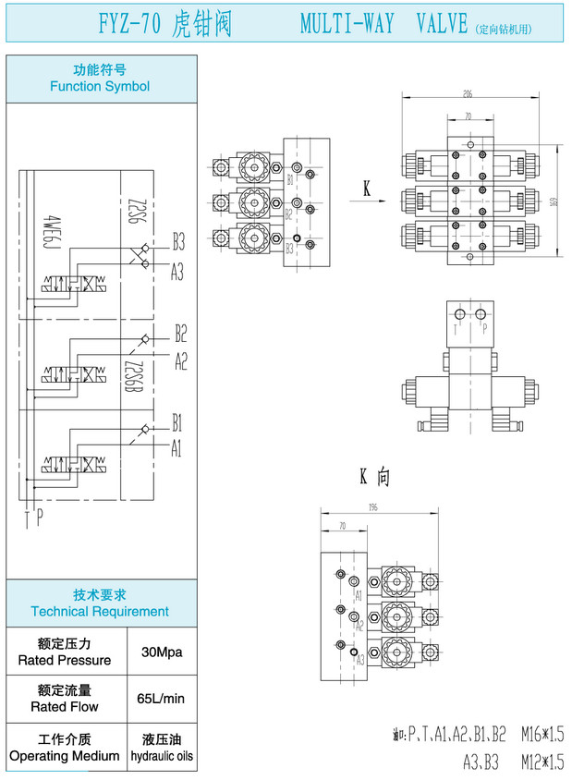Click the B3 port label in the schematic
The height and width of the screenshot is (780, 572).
[x=178, y=244]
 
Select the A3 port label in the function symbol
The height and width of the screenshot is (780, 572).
[x=177, y=272]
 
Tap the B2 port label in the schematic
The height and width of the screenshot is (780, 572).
[x=181, y=333]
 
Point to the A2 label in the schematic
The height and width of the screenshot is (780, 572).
[x=181, y=360]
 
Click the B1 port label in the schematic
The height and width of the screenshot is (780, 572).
[x=176, y=423]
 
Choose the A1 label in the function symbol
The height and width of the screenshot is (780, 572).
[x=176, y=449]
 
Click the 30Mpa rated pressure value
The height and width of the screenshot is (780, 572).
[x=162, y=652]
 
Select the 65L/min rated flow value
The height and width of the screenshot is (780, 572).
[x=162, y=699]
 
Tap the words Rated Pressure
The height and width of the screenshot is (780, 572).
[x=65, y=661]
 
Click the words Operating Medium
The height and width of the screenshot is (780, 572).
[x=65, y=756]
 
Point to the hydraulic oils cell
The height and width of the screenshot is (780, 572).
[x=162, y=756]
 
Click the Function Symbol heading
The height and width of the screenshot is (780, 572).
[x=100, y=86]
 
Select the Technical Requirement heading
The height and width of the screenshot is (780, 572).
[x=100, y=611]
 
